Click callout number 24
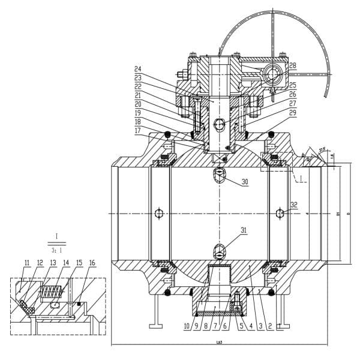138,69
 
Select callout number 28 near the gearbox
293,65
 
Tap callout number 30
245,182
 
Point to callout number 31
244,231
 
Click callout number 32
293,205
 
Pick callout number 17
138,130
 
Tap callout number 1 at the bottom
280,327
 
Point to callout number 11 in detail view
27,263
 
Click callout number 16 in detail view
92,263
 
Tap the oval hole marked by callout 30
220,174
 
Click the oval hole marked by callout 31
220,251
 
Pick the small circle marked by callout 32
279,214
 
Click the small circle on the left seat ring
158,214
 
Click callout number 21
138,95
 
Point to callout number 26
293,94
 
